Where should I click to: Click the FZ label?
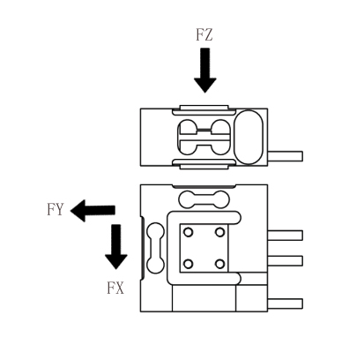[204, 34]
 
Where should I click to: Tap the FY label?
[56, 209]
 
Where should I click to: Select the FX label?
[115, 288]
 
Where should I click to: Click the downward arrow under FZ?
[205, 71]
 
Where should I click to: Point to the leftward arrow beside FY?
[93, 210]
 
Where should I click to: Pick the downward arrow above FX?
[116, 247]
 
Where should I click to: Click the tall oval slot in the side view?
[249, 137]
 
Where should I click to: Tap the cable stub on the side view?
[285, 156]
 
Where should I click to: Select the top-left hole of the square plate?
[189, 232]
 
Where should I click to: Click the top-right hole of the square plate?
[219, 232]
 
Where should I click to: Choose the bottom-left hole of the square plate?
[189, 264]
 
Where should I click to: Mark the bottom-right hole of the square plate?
[219, 264]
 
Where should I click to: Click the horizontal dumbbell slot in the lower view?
[204, 199]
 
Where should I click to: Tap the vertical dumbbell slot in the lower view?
[155, 248]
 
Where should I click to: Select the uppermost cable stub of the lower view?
[285, 236]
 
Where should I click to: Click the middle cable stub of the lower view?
[285, 261]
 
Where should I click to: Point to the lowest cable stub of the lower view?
[285, 304]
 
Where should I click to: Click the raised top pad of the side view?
[204, 108]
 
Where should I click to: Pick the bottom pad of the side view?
[204, 167]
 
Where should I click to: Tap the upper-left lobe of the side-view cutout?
[189, 127]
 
